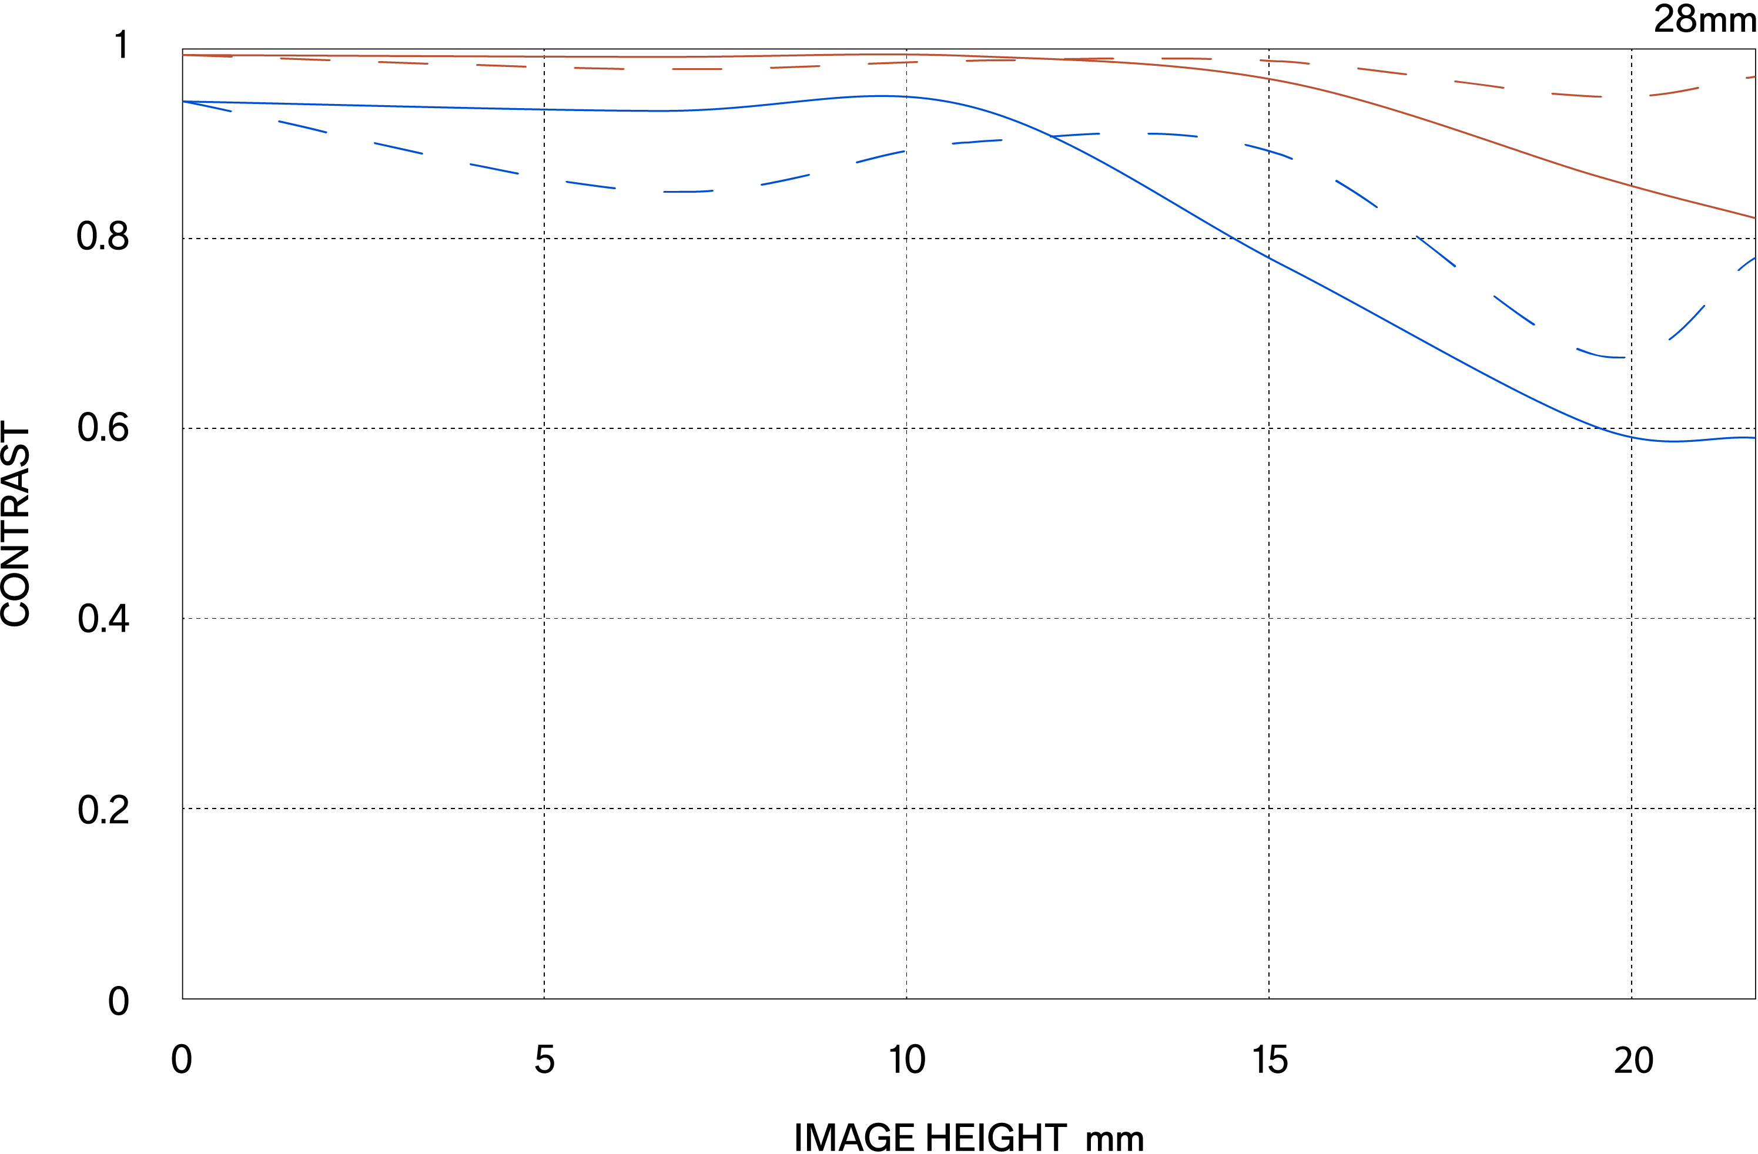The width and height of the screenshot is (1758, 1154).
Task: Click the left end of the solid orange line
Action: tap(183, 55)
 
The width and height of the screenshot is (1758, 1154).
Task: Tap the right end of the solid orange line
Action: tap(1755, 218)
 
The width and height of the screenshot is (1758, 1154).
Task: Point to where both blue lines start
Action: tap(183, 101)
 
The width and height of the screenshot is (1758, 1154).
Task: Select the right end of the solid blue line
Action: tap(1755, 438)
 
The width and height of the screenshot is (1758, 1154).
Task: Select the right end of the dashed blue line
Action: tap(1755, 258)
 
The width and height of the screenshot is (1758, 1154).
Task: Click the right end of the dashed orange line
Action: tap(1755, 76)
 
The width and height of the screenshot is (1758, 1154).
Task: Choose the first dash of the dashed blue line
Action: tap(207, 106)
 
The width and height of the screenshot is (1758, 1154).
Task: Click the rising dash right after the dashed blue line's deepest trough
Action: tap(1686, 323)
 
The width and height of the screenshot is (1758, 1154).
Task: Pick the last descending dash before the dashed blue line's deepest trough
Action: tap(1514, 310)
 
